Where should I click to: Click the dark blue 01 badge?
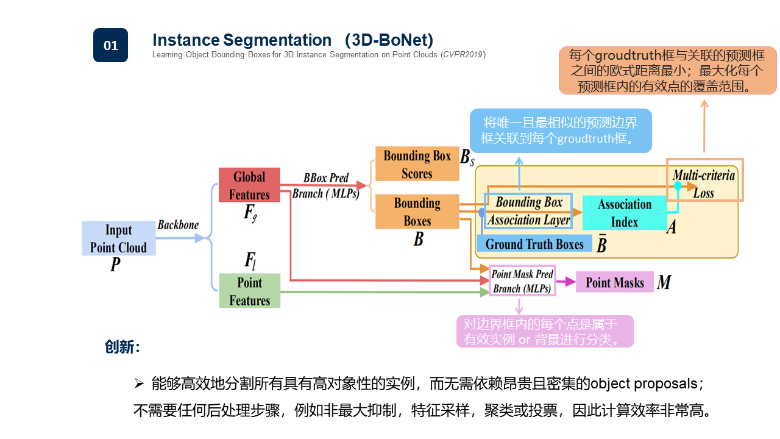pyautogui.click(x=110, y=45)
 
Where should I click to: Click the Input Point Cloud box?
pyautogui.click(x=118, y=238)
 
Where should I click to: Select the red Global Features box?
pyautogui.click(x=249, y=185)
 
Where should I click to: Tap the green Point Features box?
pyautogui.click(x=249, y=291)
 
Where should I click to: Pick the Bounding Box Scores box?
pyautogui.click(x=417, y=164)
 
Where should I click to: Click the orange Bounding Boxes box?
pyautogui.click(x=417, y=212)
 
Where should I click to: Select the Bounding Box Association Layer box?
pyautogui.click(x=528, y=211)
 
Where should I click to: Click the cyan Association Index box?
pyautogui.click(x=624, y=213)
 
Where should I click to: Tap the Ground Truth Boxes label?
pyautogui.click(x=534, y=244)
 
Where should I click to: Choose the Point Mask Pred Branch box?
pyautogui.click(x=522, y=281)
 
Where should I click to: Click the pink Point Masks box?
pyautogui.click(x=614, y=282)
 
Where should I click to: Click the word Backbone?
pyautogui.click(x=178, y=225)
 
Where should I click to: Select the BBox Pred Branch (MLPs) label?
pyautogui.click(x=326, y=186)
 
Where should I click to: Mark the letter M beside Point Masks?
pyautogui.click(x=664, y=282)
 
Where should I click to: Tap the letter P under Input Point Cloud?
pyautogui.click(x=115, y=265)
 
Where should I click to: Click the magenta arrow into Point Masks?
pyautogui.click(x=566, y=282)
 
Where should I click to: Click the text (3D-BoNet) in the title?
pyautogui.click(x=389, y=40)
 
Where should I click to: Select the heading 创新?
pyautogui.click(x=122, y=347)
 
